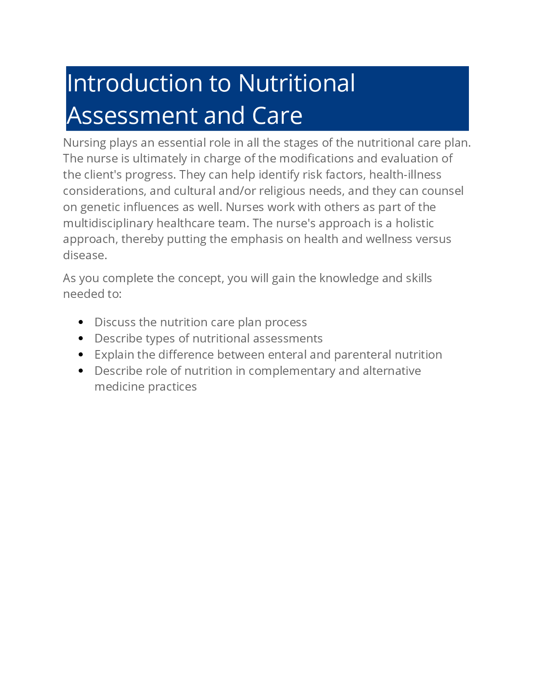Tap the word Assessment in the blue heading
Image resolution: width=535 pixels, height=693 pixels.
[132, 116]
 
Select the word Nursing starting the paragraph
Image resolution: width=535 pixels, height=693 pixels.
[85, 143]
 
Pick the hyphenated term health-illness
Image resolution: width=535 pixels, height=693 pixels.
[405, 175]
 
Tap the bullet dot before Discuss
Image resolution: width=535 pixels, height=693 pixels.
[81, 322]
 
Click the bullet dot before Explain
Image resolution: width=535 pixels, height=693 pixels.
[81, 355]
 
